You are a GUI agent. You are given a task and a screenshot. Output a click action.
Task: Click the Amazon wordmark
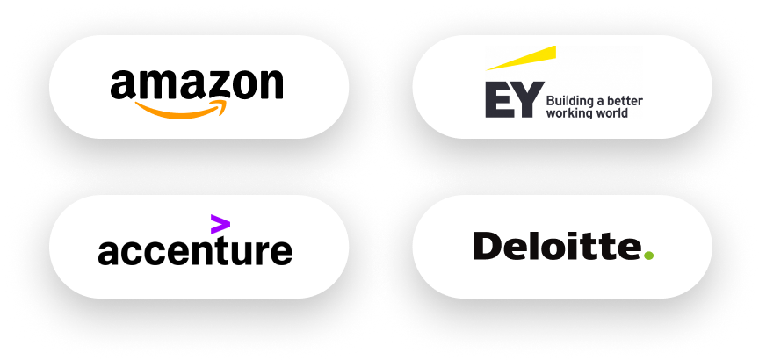197,84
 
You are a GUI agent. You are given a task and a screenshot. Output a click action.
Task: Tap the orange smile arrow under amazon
181,110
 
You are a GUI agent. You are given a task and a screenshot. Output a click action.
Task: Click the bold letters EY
510,101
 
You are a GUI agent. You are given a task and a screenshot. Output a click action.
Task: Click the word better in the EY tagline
625,101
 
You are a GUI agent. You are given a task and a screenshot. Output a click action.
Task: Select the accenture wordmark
194,250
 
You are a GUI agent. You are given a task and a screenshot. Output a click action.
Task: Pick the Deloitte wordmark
557,246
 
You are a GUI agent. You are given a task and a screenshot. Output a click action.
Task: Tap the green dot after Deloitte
648,256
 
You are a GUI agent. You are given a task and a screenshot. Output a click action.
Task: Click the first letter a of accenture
108,252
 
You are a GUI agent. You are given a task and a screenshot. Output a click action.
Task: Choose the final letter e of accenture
281,252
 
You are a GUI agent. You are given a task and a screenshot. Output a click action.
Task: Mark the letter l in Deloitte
541,246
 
